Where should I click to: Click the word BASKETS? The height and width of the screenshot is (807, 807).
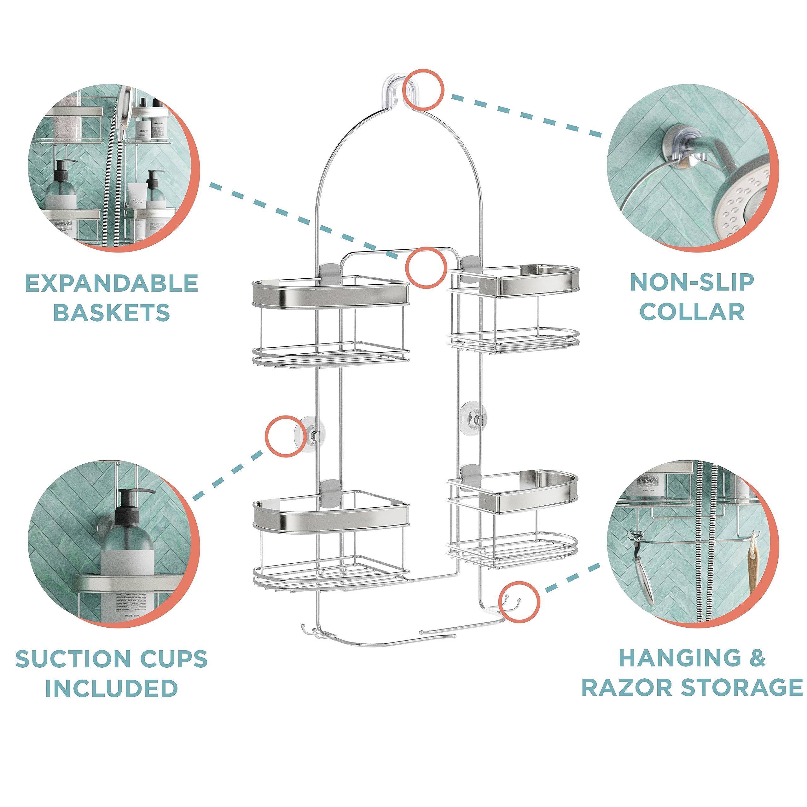coord(112,312)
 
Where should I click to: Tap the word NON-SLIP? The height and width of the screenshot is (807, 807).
coord(692,283)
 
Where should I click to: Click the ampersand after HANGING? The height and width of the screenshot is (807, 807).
coord(757,658)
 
